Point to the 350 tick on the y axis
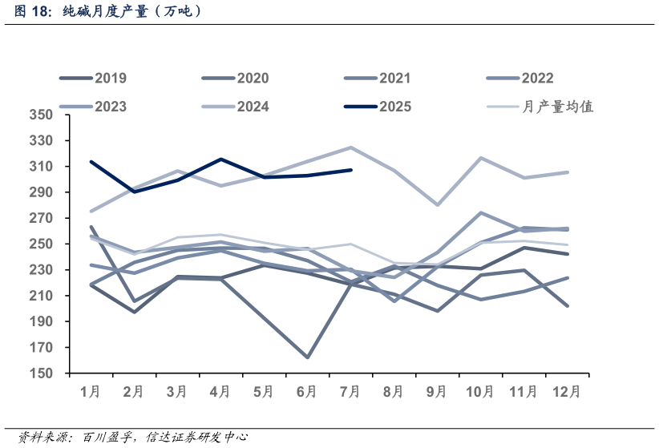(x=42, y=115)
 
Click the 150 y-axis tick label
(x=42, y=373)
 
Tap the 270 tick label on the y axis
(x=42, y=219)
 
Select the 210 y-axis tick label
(x=42, y=297)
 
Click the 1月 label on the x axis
(x=91, y=392)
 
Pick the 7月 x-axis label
(x=350, y=392)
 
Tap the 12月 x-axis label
(x=567, y=392)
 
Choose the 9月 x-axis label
(x=437, y=392)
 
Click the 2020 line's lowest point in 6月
(x=307, y=357)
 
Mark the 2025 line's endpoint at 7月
(x=351, y=170)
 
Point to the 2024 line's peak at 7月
(x=351, y=147)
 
